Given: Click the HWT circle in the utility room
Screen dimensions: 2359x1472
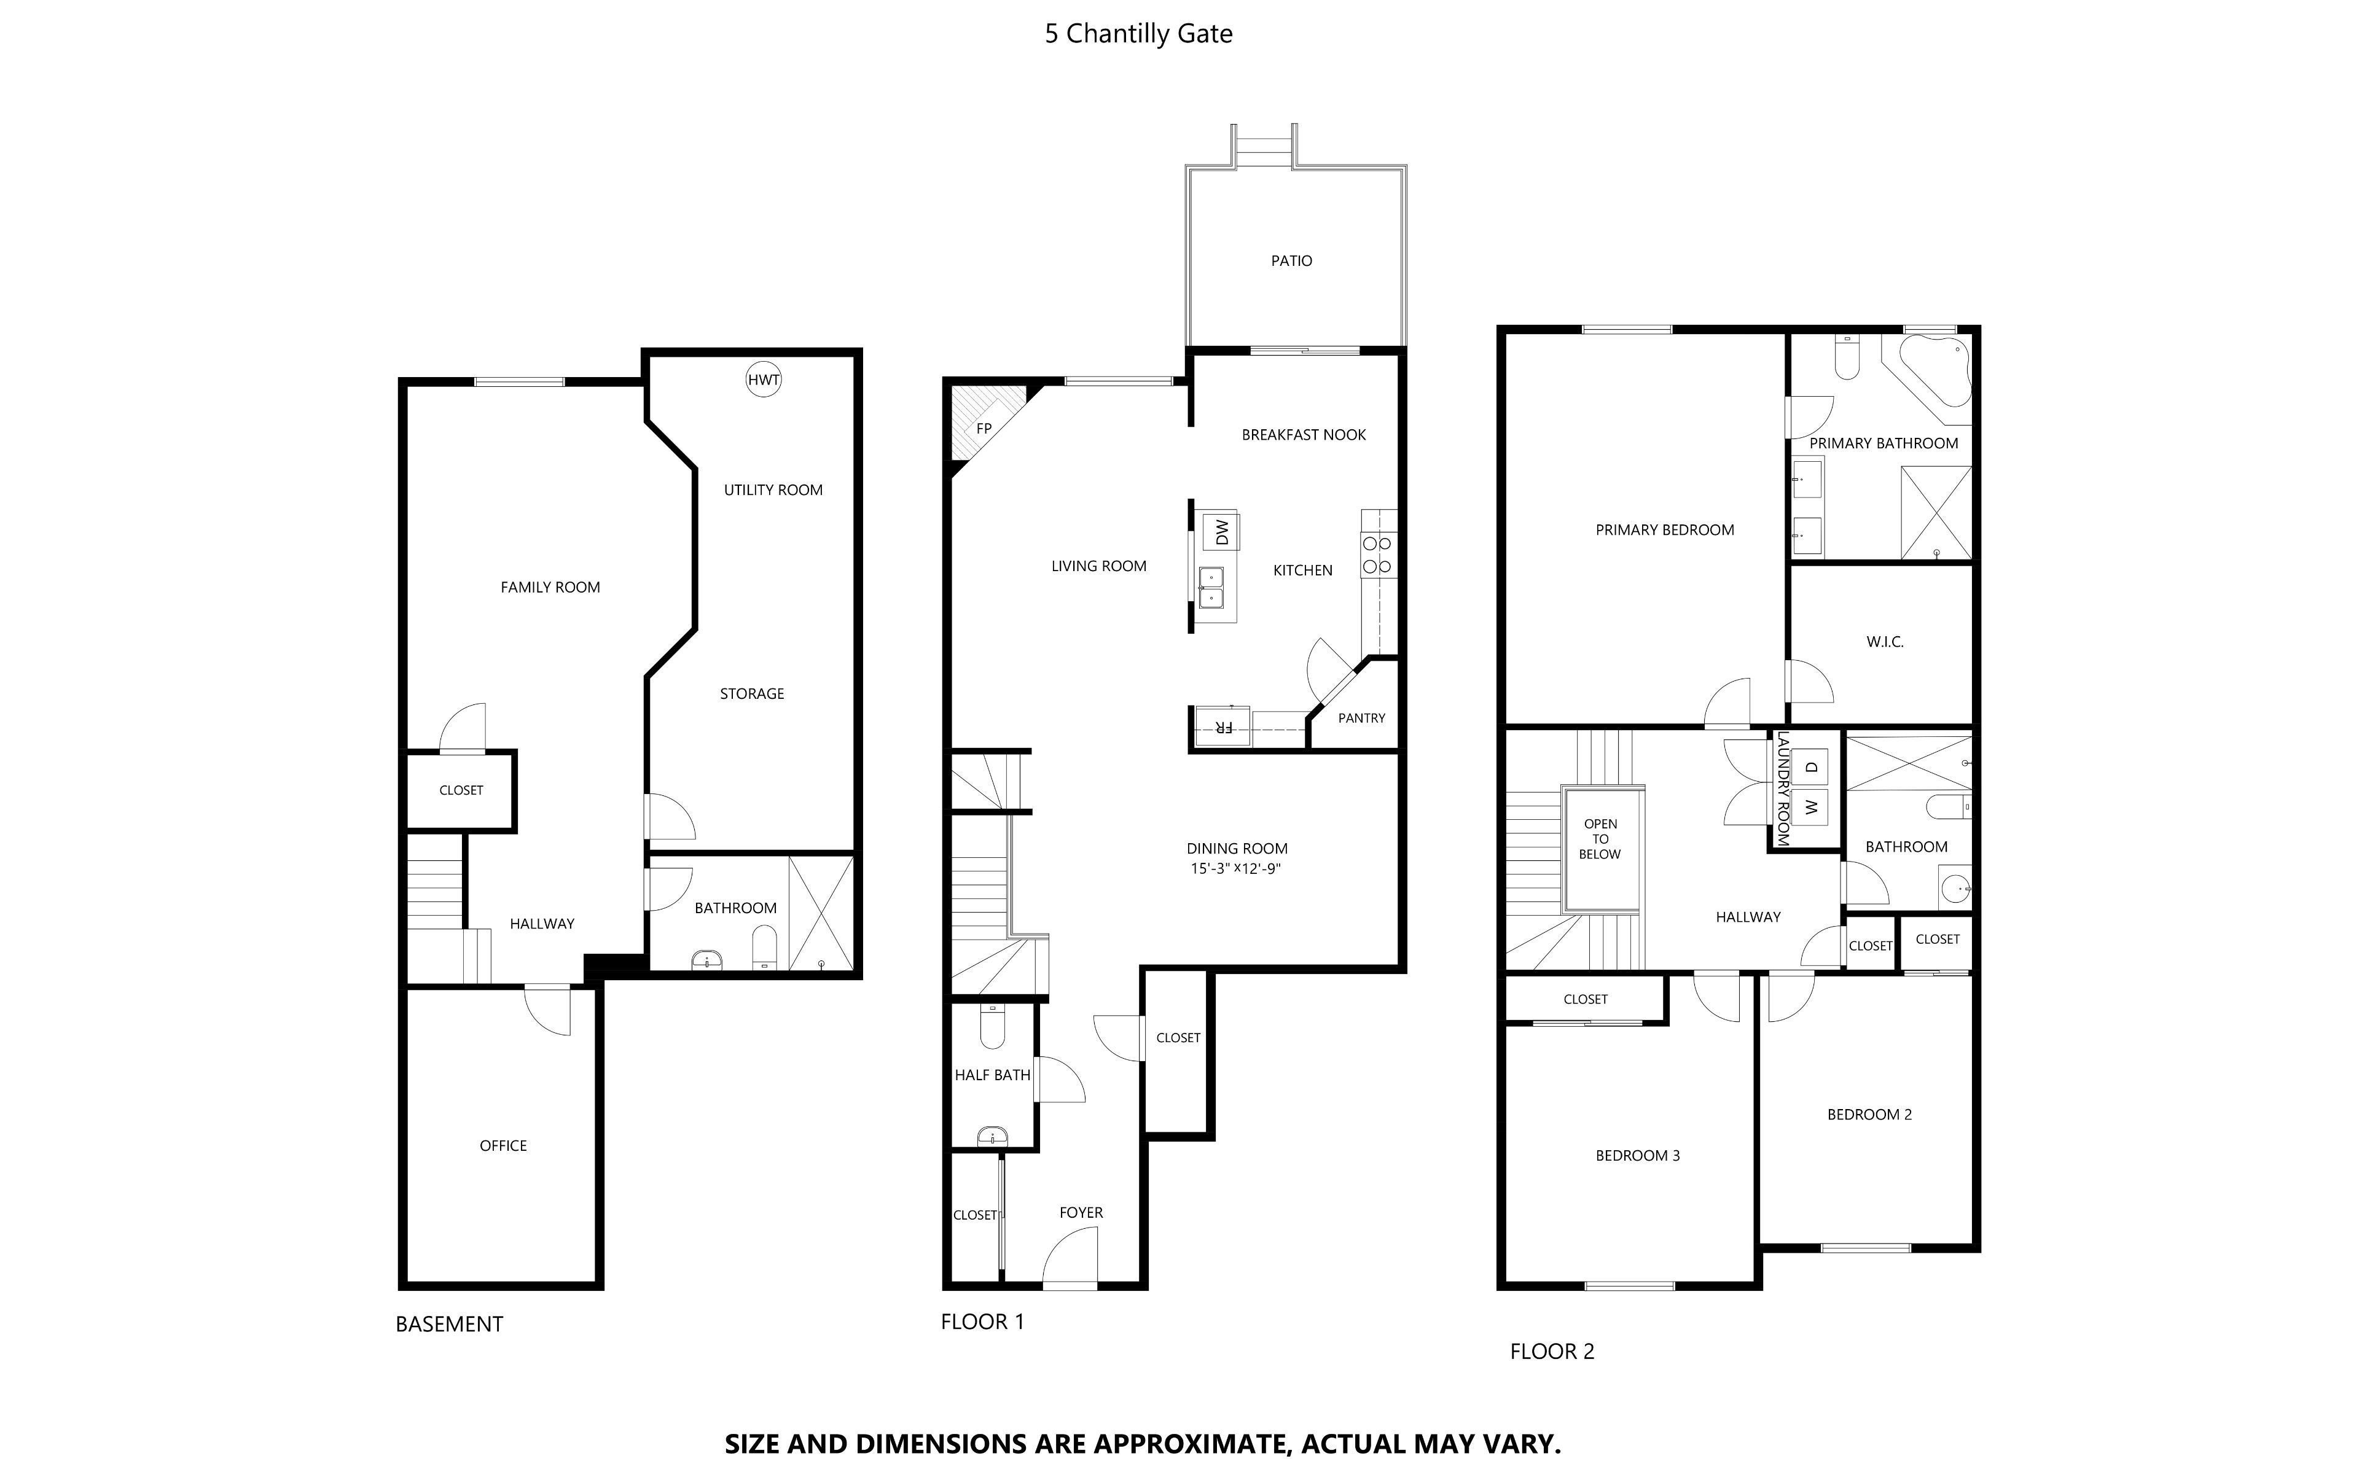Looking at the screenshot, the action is coord(763,380).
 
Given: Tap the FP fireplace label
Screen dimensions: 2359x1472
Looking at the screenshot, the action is coord(984,429).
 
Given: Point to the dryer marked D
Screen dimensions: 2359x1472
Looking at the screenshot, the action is coord(1811,767).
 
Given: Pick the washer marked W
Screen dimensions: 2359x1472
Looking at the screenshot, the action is coord(1811,807).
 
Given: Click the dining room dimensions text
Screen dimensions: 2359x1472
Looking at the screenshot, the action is coord(1235,868).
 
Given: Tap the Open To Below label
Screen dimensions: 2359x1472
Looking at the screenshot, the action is coord(1600,838).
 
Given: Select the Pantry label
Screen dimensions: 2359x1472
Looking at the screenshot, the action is coord(1361,717).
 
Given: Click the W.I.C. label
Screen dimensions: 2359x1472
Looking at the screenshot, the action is coord(1885,642).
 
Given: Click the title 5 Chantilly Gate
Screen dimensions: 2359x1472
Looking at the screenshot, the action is coord(1138,33).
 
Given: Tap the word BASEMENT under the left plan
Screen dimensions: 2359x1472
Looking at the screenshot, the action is coord(449,1324).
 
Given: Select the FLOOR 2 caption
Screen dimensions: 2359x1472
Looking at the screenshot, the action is coord(1552,1351).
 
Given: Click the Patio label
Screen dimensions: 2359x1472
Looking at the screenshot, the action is coord(1291,261).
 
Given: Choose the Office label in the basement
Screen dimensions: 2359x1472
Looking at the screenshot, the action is coord(503,1146).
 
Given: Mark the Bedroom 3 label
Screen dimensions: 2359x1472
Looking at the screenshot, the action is coord(1638,1156).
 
